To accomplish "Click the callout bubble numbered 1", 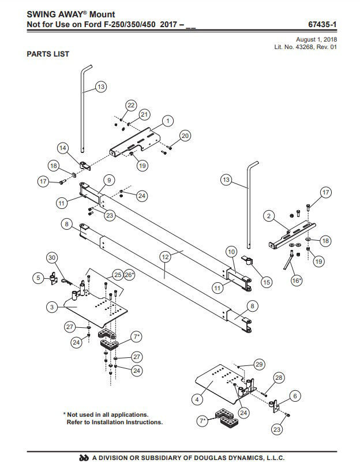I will click(x=167, y=121).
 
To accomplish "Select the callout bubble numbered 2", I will click(x=269, y=216).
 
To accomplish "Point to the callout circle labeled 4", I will click(x=198, y=399).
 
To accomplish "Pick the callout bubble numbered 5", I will click(x=38, y=278).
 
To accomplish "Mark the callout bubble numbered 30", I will click(x=52, y=257).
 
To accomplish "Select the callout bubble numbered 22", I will click(x=131, y=105).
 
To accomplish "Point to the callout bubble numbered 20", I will click(x=185, y=136).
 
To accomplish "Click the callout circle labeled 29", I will click(x=258, y=364).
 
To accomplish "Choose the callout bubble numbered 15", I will click(x=266, y=282).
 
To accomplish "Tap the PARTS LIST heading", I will click(x=48, y=54).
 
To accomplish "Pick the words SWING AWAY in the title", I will click(x=56, y=14).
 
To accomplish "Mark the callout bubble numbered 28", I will click(x=279, y=377).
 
